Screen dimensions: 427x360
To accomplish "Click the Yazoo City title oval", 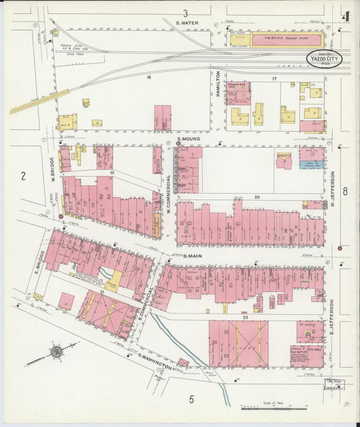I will pyautogui.click(x=324, y=59).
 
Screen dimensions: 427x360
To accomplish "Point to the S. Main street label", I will pyautogui.click(x=193, y=257).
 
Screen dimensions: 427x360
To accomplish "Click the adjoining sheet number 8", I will pyautogui.click(x=344, y=191).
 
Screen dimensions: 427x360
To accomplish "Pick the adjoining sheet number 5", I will pyautogui.click(x=192, y=399).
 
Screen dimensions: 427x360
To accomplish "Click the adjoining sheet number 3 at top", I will pyautogui.click(x=185, y=13).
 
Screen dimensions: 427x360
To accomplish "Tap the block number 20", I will pyautogui.click(x=257, y=197).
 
